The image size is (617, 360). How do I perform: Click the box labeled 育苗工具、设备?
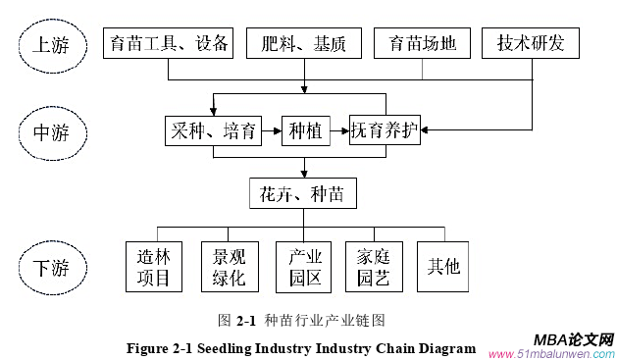click(x=168, y=43)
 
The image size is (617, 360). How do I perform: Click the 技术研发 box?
click(x=531, y=43)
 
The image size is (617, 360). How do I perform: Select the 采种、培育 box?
click(x=213, y=131)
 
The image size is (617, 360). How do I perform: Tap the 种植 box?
click(x=306, y=131)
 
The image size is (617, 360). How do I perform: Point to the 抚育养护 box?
click(x=385, y=131)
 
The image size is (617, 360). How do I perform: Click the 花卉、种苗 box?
click(x=301, y=193)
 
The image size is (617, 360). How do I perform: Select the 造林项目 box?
click(x=154, y=267)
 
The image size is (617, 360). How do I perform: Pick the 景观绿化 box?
click(x=229, y=267)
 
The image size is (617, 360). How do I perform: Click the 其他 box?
click(x=443, y=267)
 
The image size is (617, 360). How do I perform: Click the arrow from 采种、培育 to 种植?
click(x=272, y=131)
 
